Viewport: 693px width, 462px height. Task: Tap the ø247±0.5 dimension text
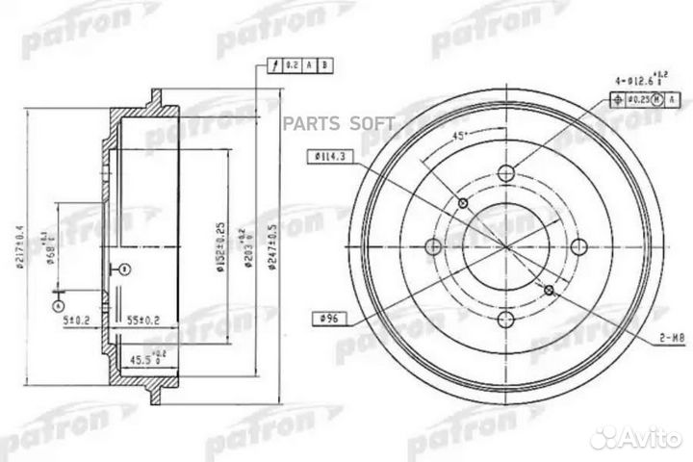point(274,241)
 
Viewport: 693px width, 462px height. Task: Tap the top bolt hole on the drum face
point(506,174)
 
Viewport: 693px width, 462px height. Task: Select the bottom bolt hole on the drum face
point(506,321)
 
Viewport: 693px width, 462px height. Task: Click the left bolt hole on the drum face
point(432,247)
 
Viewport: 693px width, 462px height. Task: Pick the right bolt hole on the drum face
point(580,247)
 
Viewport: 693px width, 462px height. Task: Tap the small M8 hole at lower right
point(549,290)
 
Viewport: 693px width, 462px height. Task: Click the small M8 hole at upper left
point(464,204)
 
